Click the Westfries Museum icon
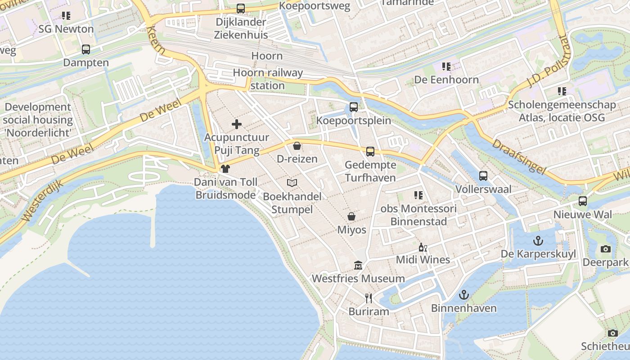tap(358, 265)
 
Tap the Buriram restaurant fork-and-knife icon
tap(368, 298)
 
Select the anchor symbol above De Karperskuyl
tap(538, 241)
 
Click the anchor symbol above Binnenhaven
tap(463, 295)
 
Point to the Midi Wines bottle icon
tap(423, 247)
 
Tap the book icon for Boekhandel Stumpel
tap(292, 183)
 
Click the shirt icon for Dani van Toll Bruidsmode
tap(225, 169)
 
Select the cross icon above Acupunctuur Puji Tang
tap(236, 124)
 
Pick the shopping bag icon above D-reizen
tap(297, 145)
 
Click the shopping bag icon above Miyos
tap(351, 216)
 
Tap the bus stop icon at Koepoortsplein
tap(354, 107)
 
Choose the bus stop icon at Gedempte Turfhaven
tap(370, 152)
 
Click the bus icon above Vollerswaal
tap(483, 176)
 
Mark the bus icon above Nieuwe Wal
tap(583, 201)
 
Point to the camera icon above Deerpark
tap(606, 249)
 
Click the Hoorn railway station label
tap(268, 79)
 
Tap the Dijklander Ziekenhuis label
tap(241, 28)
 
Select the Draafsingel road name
tap(518, 157)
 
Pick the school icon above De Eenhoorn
tap(446, 67)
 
